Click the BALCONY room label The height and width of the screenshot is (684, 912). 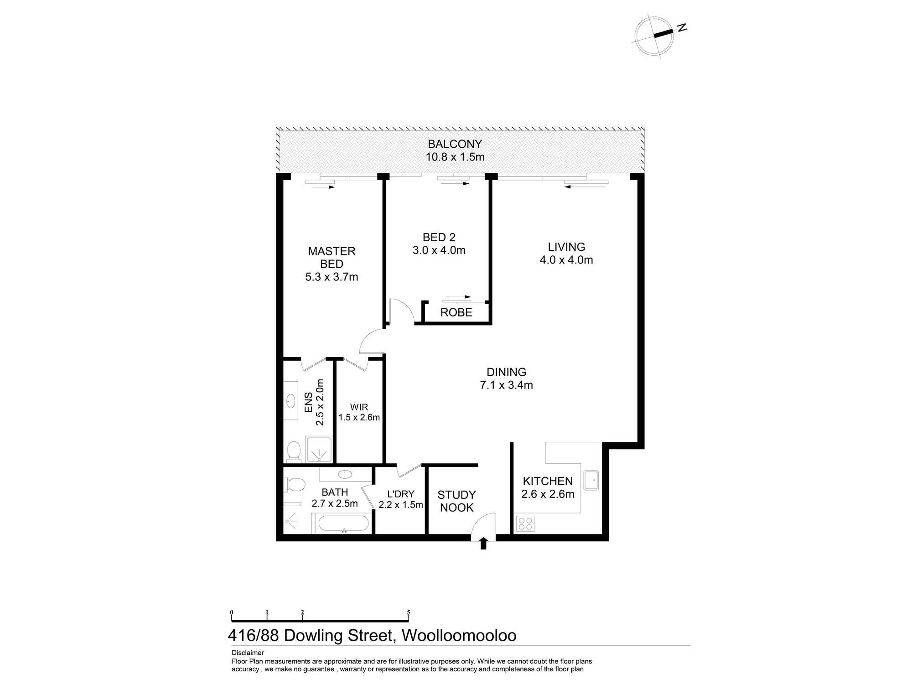455,144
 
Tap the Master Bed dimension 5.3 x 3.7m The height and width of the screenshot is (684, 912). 332,277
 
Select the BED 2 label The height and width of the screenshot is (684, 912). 439,238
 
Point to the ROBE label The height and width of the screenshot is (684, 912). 456,313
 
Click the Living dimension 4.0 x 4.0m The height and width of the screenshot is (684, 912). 566,260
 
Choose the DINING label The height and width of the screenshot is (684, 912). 506,372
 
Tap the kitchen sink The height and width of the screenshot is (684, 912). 591,480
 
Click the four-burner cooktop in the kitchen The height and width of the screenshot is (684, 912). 525,523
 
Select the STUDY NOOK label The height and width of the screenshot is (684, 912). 456,501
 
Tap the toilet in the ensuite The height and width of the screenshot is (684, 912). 294,451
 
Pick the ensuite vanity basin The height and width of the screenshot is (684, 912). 290,401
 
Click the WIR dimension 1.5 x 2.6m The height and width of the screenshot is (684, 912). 359,417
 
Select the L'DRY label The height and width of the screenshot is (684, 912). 400,494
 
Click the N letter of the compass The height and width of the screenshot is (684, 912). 682,28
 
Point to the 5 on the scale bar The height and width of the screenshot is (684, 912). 409,612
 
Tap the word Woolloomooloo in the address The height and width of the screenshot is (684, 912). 459,636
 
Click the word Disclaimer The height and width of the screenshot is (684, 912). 248,653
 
